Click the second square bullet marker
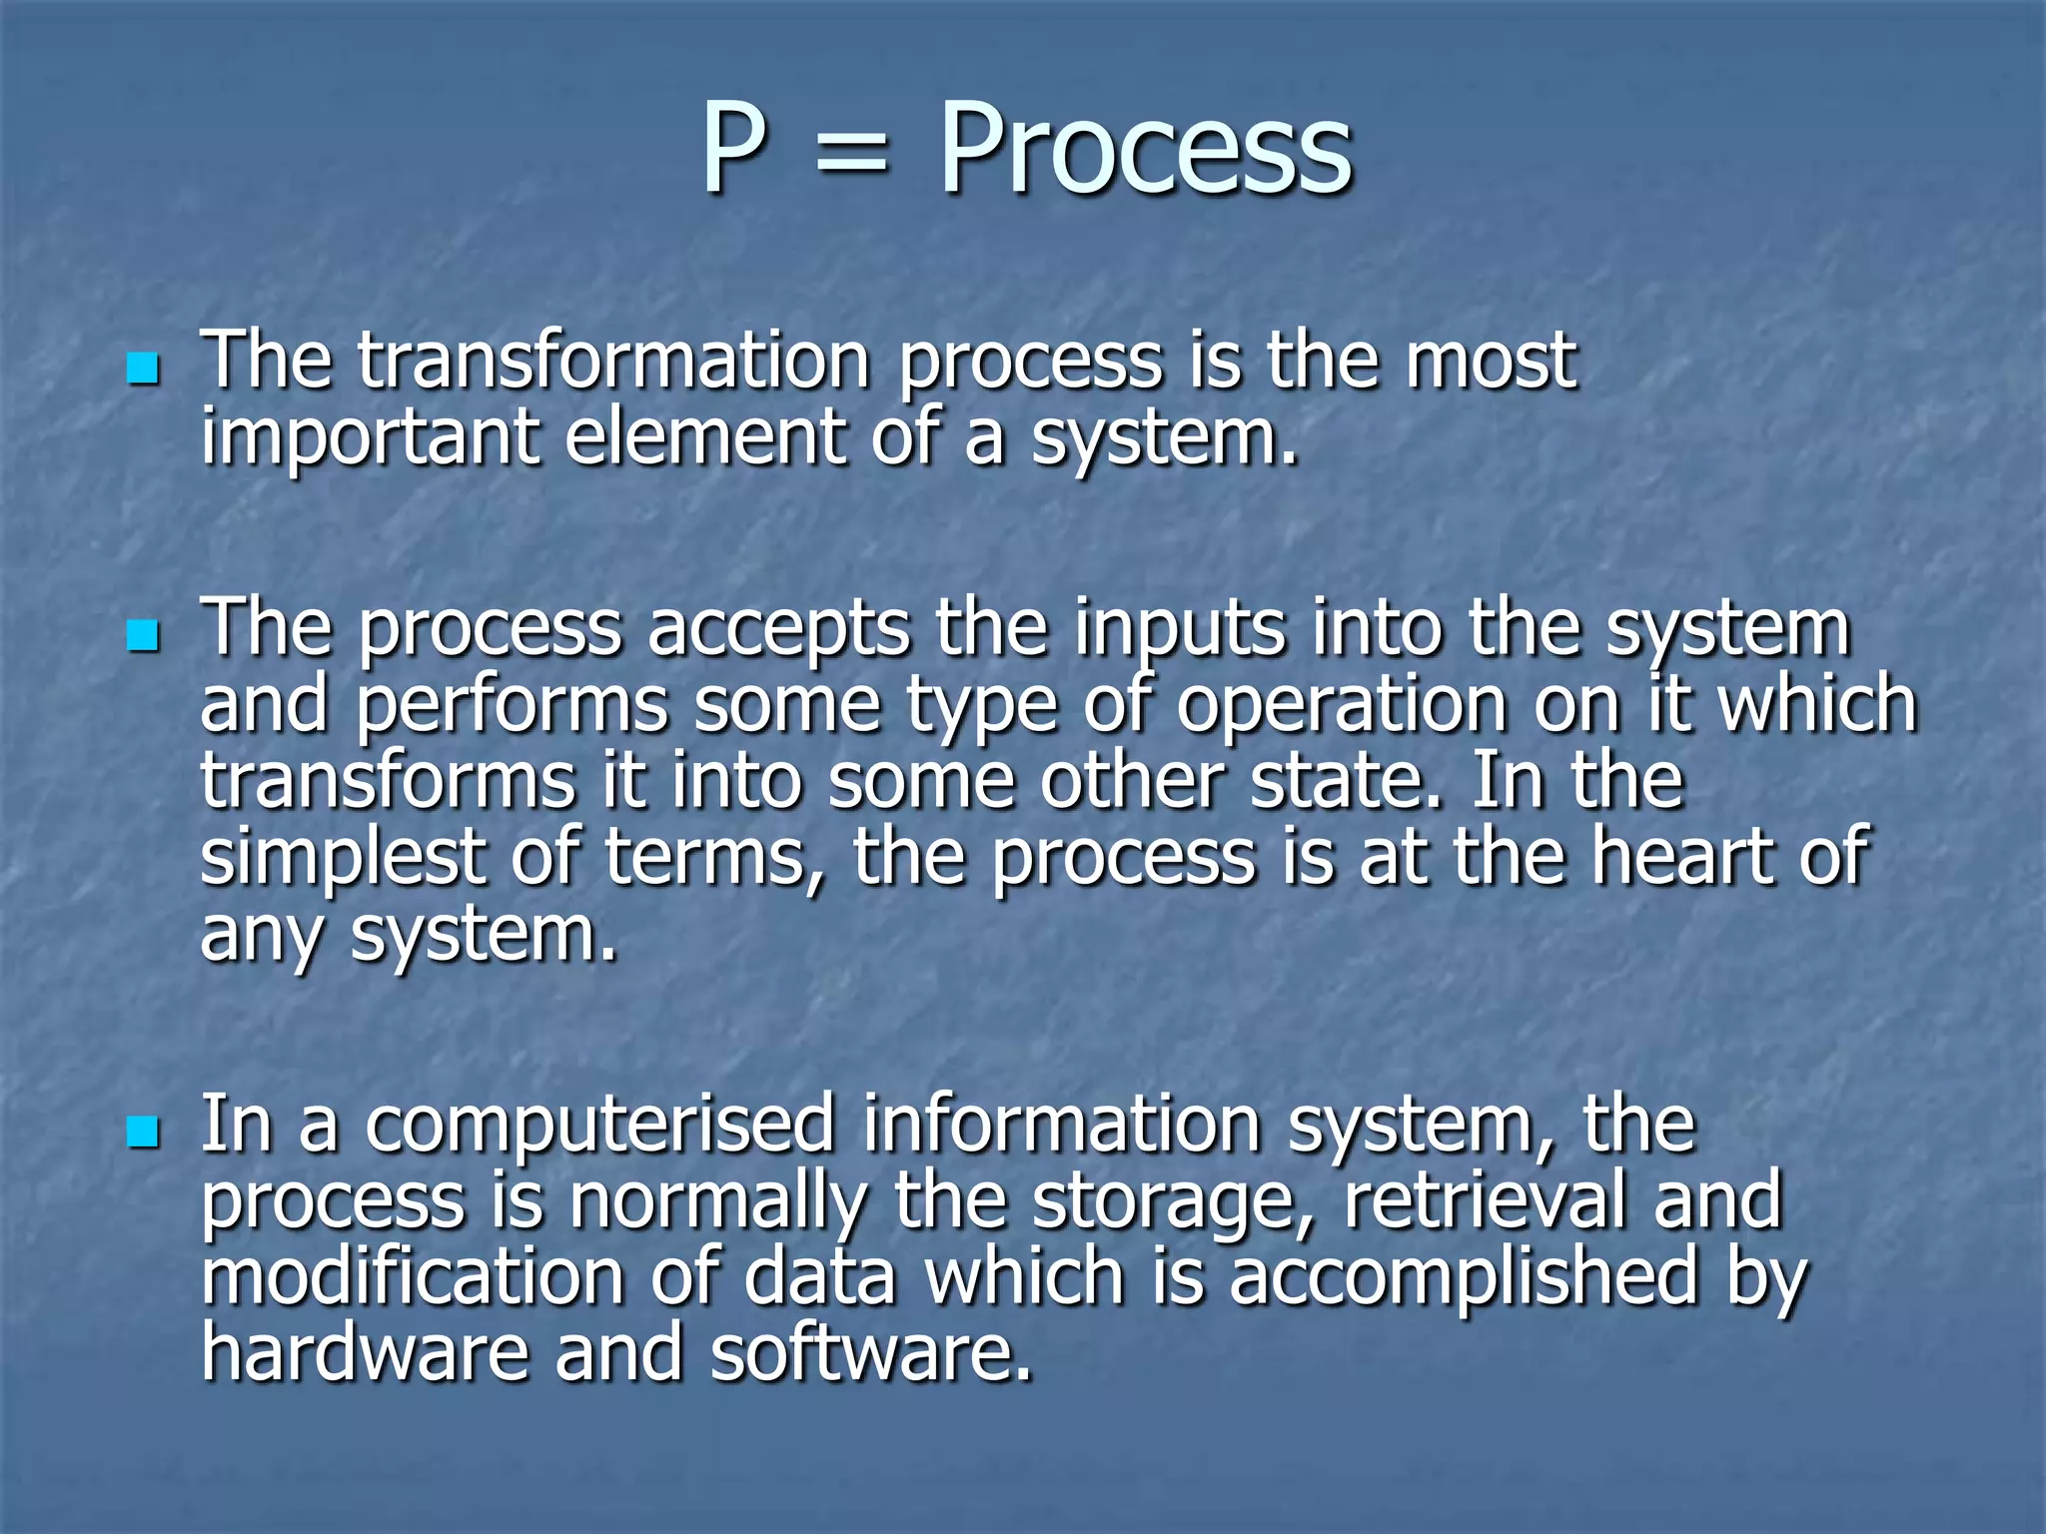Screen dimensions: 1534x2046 click(x=144, y=635)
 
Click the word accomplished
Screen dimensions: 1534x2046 click(x=1464, y=1278)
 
